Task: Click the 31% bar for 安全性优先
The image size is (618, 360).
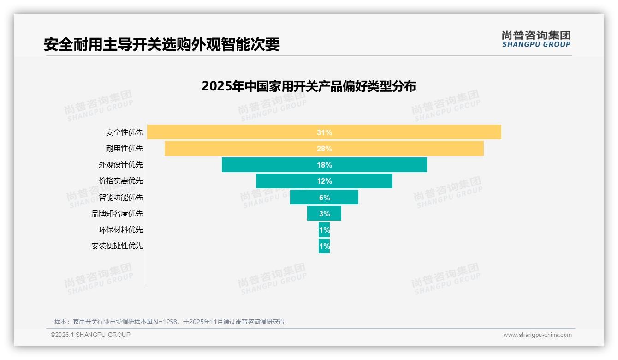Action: point(324,132)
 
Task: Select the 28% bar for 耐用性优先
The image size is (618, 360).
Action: point(324,149)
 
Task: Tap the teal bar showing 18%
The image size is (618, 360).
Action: point(324,165)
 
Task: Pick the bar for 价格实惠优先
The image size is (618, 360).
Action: point(324,181)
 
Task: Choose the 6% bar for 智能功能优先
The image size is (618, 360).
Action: point(324,197)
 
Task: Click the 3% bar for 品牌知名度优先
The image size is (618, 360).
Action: point(324,213)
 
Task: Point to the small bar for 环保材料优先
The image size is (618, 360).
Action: point(324,229)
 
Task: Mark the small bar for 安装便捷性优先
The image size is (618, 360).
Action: point(324,246)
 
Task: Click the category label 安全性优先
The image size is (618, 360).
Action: point(124,132)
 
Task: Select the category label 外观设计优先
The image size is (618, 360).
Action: point(120,165)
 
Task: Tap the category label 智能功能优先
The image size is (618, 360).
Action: point(120,197)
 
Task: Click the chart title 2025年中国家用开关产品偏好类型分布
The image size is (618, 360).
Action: point(309,86)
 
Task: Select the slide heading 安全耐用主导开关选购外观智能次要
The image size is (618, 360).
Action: point(161,44)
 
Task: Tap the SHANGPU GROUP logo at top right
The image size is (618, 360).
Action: point(536,39)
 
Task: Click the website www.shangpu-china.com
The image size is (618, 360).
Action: point(537,335)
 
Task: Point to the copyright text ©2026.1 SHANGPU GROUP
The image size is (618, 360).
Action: point(90,335)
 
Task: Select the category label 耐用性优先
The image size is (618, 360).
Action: point(124,149)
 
